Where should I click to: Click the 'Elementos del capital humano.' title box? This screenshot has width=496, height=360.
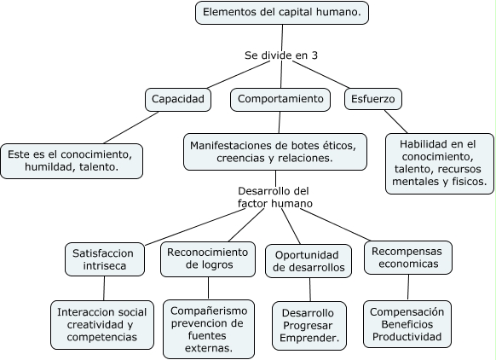coord(282,13)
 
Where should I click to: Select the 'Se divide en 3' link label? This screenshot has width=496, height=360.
coord(281,55)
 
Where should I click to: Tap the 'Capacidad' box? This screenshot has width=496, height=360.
coord(178,100)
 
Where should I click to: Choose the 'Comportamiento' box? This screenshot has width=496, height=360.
coord(280,100)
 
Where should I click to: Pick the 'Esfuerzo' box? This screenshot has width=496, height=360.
coord(372,100)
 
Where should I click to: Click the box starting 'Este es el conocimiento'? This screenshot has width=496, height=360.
coord(71,161)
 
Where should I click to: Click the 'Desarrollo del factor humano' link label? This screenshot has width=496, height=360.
coord(274,197)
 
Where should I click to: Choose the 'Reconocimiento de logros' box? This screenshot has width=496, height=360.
coord(207,259)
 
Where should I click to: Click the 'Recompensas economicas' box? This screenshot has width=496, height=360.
coord(407,258)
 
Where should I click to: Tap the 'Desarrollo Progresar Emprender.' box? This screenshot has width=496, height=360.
coord(309,325)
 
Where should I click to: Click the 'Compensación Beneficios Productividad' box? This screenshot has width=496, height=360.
coord(407,325)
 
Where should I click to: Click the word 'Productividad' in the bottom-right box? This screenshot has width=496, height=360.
coord(407,339)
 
